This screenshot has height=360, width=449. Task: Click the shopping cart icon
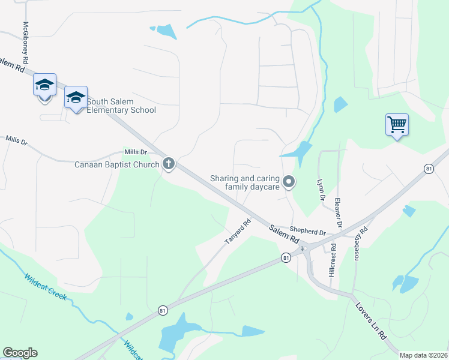click(x=397, y=125)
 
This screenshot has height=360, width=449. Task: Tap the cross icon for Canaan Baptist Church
click(x=169, y=163)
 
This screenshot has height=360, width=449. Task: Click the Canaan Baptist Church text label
click(x=116, y=164)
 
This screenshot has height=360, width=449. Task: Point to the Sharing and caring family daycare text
click(x=244, y=182)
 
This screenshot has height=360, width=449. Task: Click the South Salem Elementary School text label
click(x=121, y=106)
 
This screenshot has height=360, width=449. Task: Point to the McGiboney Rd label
click(x=26, y=43)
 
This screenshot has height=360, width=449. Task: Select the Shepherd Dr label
click(x=307, y=230)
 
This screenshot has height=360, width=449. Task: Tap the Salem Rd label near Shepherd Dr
click(x=283, y=233)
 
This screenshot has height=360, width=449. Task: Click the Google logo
click(x=20, y=353)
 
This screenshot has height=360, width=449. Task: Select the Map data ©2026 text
click(x=423, y=355)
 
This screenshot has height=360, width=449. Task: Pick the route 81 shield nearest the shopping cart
click(x=428, y=169)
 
